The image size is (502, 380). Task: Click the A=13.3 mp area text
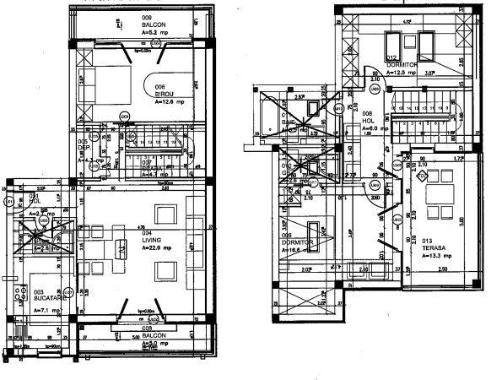pos(435,255)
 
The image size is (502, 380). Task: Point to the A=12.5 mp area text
pos(402,73)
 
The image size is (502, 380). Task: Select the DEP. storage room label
pos(84,149)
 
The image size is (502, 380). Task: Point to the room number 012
pos(391,57)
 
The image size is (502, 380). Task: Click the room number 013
pos(427,240)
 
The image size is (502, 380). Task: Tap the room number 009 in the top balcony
pos(147,18)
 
